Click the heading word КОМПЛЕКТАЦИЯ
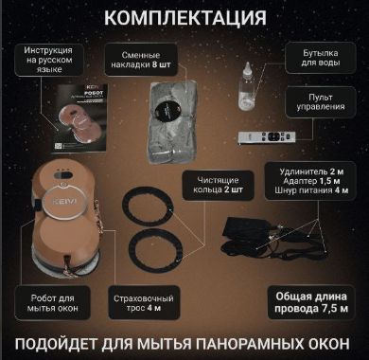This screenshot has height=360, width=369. click(x=184, y=17)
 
